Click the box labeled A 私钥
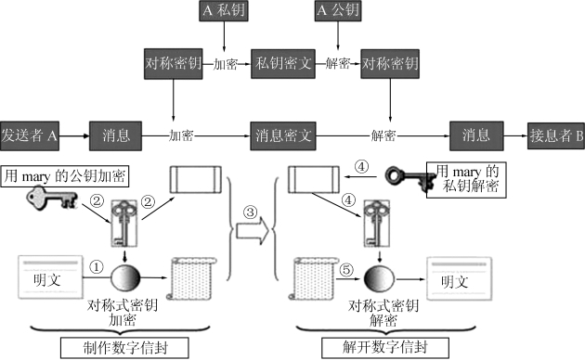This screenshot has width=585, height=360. pyautogui.click(x=224, y=10)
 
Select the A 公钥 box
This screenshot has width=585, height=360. pyautogui.click(x=338, y=10)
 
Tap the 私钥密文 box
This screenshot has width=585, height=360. pyautogui.click(x=283, y=64)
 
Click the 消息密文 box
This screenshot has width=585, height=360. pyautogui.click(x=283, y=135)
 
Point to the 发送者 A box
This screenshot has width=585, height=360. pyautogui.click(x=30, y=135)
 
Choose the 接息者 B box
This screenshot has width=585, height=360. pyautogui.click(x=556, y=135)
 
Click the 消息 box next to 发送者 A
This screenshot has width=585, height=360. pyautogui.click(x=115, y=135)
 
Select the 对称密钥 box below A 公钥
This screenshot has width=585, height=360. pyautogui.click(x=390, y=64)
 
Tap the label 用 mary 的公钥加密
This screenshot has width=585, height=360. pyautogui.click(x=65, y=176)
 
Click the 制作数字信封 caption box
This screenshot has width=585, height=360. pyautogui.click(x=124, y=348)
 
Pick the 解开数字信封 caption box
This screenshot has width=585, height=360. pyautogui.click(x=385, y=347)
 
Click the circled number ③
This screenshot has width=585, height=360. pyautogui.click(x=250, y=212)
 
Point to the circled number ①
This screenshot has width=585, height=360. pyautogui.click(x=97, y=267)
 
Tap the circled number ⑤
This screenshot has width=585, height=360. pyautogui.click(x=346, y=269)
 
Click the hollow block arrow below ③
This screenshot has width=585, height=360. pyautogui.click(x=252, y=231)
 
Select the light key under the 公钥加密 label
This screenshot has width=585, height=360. pyautogui.click(x=51, y=198)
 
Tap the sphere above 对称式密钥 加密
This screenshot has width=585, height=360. pyautogui.click(x=125, y=277)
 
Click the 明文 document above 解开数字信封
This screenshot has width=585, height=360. pyautogui.click(x=460, y=278)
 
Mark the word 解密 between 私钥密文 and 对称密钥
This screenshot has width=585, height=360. pyautogui.click(x=337, y=64)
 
